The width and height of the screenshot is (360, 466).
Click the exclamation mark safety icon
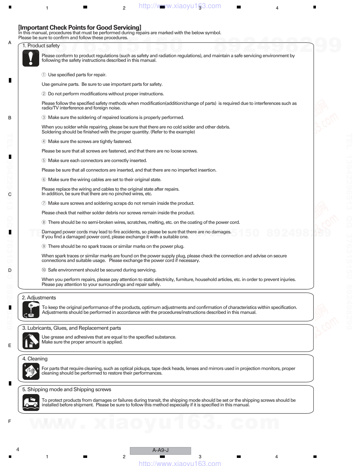[31, 58]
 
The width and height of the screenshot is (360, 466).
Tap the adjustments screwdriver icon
[31, 310]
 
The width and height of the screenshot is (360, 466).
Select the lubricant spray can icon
[31, 341]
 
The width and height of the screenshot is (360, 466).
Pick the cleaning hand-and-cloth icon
[31, 371]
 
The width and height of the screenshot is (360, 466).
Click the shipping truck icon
[31, 402]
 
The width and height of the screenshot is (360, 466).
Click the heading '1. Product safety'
[41, 46]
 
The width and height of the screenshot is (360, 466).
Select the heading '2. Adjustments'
[39, 298]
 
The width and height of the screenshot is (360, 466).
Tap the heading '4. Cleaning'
[35, 359]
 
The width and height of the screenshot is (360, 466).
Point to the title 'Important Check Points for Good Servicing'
[80, 28]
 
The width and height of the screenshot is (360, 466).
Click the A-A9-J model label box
[160, 450]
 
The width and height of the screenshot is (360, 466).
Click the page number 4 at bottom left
[18, 449]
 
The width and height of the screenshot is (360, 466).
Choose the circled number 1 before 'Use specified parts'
[44, 75]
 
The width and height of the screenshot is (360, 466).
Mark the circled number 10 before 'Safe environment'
[44, 270]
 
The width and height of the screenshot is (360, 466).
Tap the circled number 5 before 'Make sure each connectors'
[44, 161]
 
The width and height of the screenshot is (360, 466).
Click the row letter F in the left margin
[10, 421]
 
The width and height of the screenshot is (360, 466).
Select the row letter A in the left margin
[10, 43]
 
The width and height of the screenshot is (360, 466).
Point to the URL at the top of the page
[180, 6]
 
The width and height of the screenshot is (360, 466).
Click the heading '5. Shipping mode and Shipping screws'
[67, 389]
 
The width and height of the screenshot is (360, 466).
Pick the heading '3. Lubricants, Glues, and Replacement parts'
[72, 328]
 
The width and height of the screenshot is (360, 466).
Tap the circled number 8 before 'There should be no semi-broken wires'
[44, 222]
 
